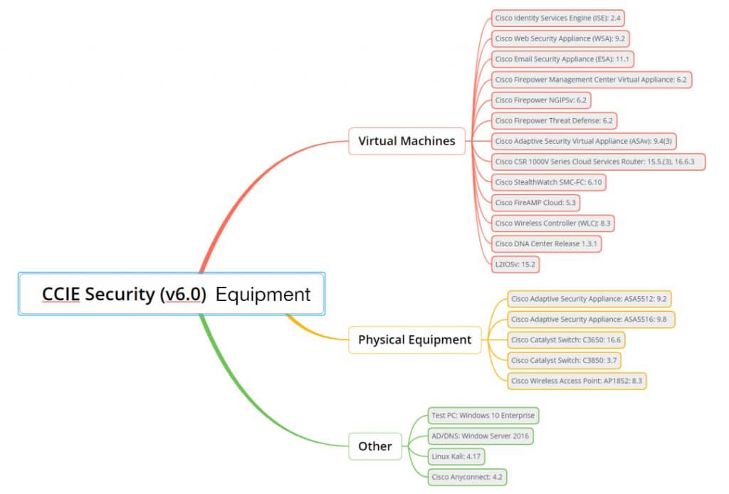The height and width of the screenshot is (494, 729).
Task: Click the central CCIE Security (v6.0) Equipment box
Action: [x=172, y=293]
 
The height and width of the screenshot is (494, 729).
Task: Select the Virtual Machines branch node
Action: [x=407, y=141]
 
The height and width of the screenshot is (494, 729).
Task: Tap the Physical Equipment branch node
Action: [x=414, y=340]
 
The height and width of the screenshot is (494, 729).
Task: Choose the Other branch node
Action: [x=374, y=446]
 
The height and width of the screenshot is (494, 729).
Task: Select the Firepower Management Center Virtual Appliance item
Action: [x=591, y=80]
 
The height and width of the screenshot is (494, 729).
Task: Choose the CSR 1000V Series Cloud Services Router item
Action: [x=598, y=162]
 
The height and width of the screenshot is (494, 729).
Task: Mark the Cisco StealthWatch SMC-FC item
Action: [x=549, y=182]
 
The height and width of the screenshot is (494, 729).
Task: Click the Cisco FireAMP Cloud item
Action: [x=535, y=203]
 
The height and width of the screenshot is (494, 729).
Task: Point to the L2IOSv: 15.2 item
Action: [x=515, y=264]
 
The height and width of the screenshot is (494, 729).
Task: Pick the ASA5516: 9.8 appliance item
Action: [x=591, y=320]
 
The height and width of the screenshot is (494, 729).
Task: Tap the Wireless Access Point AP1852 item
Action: [x=577, y=381]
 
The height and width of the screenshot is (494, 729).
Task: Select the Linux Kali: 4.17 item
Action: [x=458, y=456]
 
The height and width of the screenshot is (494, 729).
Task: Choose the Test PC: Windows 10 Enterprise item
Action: [x=483, y=415]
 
